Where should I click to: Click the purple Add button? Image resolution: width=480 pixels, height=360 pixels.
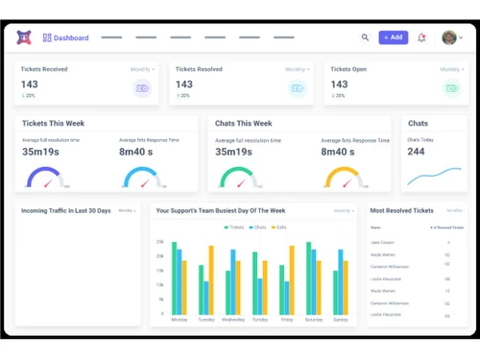click(393, 37)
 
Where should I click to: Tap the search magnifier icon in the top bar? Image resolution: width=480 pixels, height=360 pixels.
click(365, 37)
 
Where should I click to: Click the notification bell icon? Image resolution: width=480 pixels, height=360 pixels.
click(421, 37)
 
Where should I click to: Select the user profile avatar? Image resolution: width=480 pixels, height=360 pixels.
click(449, 37)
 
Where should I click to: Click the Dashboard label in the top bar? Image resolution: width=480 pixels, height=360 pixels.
click(71, 38)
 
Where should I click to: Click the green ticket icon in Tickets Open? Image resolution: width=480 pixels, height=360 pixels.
click(450, 88)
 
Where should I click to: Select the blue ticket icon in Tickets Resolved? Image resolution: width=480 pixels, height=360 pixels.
click(298, 88)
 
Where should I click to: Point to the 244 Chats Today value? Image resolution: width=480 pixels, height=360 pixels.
click(416, 152)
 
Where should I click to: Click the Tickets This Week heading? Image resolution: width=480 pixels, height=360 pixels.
click(54, 124)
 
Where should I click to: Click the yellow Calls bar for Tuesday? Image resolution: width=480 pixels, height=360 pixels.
click(211, 279)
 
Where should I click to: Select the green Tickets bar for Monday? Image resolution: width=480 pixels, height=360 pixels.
click(174, 277)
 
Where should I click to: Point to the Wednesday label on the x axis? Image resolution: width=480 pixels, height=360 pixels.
click(232, 319)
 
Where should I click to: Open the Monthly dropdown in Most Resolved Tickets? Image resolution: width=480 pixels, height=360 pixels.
click(454, 210)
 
